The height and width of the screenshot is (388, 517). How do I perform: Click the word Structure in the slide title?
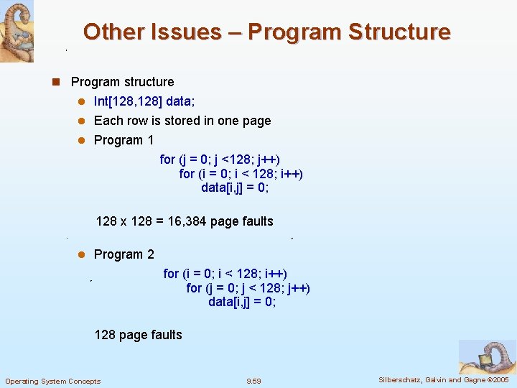399,32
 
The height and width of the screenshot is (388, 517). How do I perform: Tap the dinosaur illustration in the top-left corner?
17,31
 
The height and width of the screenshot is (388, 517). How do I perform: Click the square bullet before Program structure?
55,82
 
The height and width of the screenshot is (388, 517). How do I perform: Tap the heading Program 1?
124,140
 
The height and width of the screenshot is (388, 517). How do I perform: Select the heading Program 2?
124,254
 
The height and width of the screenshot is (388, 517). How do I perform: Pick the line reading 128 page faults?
138,335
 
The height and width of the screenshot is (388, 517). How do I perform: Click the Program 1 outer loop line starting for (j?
220,160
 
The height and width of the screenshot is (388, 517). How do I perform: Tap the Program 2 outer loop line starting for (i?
225,274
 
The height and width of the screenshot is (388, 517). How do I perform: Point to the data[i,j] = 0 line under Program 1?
236,188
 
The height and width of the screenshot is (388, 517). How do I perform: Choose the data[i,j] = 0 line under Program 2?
242,302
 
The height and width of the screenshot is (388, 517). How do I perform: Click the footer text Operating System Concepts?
52,381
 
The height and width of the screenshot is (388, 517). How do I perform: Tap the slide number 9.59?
253,381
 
